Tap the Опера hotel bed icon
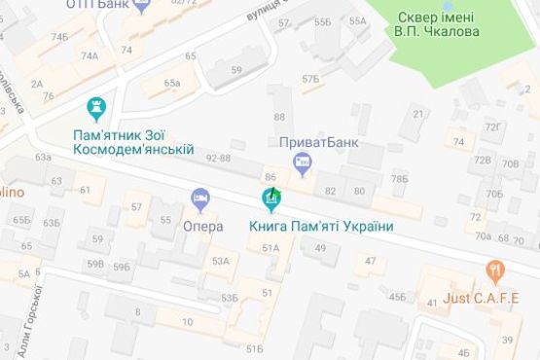(x=200, y=199)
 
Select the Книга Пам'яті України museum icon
(x=271, y=201)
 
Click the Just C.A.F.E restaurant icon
(x=496, y=270)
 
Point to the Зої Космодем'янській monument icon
(x=95, y=107)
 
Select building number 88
(x=279, y=117)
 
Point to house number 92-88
(x=218, y=158)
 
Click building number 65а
(x=172, y=84)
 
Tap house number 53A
(x=221, y=261)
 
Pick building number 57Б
(x=309, y=78)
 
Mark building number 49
(x=319, y=249)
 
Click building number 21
(x=417, y=115)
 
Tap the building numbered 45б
(x=396, y=296)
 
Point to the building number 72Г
(x=492, y=126)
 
